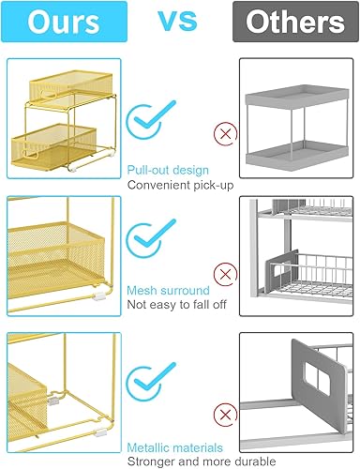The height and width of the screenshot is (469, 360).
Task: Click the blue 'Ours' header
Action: (66, 23)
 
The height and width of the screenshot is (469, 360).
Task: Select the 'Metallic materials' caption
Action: (174, 448)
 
